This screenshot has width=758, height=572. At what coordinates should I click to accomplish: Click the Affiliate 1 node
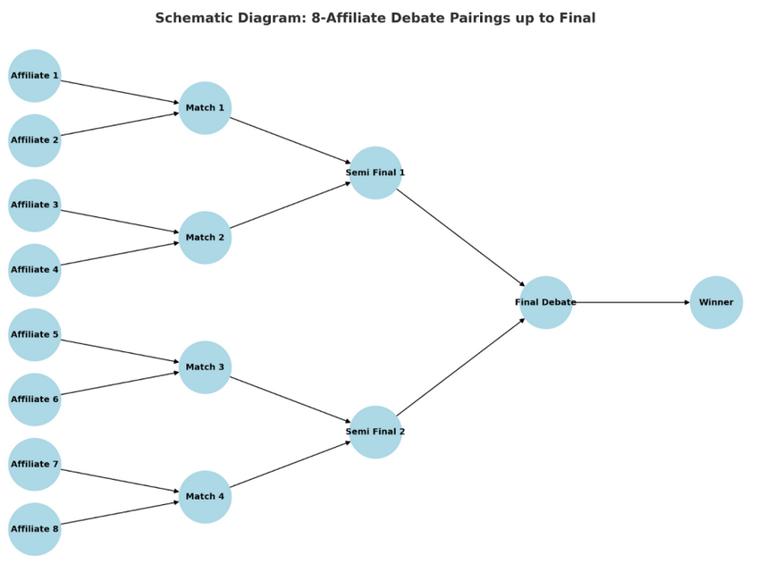click(x=34, y=76)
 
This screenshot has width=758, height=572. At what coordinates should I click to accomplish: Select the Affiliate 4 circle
click(x=34, y=270)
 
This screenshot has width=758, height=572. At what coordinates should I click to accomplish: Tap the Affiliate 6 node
click(x=34, y=400)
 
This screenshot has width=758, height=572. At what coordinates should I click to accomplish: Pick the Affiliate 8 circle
click(x=34, y=529)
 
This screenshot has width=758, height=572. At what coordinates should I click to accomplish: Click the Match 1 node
click(x=205, y=108)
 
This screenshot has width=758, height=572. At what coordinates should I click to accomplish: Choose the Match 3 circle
click(x=205, y=367)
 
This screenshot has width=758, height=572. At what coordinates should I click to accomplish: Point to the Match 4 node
click(x=205, y=497)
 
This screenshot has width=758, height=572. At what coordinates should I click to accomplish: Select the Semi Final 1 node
click(x=375, y=172)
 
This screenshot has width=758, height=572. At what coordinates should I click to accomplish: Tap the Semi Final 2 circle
click(x=375, y=432)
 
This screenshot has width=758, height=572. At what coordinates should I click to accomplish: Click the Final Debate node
click(x=545, y=302)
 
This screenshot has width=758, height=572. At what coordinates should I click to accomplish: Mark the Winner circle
click(x=716, y=302)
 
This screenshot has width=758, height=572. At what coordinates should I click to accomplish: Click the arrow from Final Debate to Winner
click(x=631, y=302)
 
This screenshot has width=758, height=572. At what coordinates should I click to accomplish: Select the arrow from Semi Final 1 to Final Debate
click(x=460, y=238)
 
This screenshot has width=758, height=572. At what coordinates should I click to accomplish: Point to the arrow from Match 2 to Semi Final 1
click(x=290, y=206)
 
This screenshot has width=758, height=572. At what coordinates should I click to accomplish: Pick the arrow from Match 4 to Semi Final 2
click(x=290, y=465)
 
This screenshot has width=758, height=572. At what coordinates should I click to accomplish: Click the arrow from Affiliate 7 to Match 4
click(x=119, y=481)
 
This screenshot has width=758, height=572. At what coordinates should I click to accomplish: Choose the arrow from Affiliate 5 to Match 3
click(x=119, y=351)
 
